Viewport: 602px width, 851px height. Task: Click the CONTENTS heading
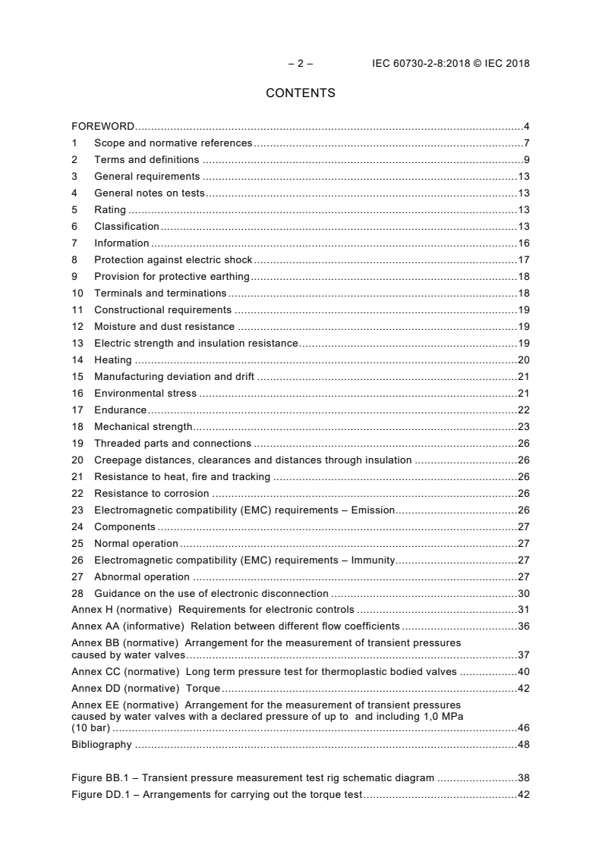point(301,93)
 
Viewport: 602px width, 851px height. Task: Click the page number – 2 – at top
point(301,64)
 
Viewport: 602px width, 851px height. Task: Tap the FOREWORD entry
point(102,126)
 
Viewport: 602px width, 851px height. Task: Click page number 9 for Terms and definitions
point(526,159)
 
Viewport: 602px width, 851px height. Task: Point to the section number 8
point(74,259)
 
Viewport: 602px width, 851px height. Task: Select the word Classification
point(126,226)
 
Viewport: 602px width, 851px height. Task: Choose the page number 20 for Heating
point(523,360)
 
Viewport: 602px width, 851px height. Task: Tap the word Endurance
point(120,410)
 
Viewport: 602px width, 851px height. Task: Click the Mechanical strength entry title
point(143,426)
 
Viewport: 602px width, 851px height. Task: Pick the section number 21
point(77,476)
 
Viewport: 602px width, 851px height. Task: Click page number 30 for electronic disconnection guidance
point(523,593)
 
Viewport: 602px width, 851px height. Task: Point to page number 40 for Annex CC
point(523,671)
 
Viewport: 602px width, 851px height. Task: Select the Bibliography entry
point(102,744)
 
